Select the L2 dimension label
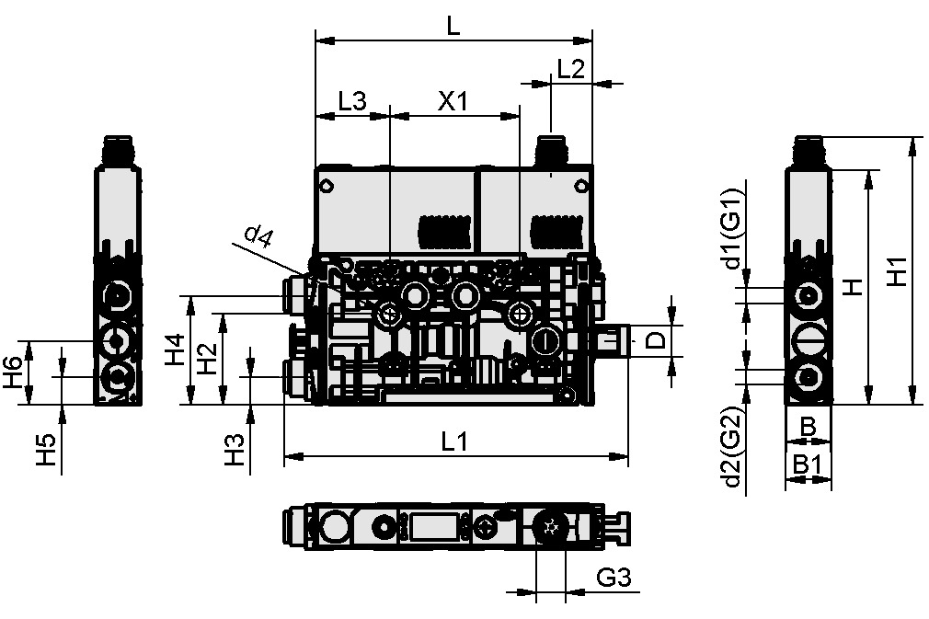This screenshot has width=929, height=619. click(571, 70)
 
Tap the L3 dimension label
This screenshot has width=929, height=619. click(352, 101)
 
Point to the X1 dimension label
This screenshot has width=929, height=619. click(453, 101)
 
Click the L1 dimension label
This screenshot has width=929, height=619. click(454, 441)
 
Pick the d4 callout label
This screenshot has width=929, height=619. click(259, 238)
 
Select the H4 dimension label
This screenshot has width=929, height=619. click(176, 350)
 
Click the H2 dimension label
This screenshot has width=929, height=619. click(208, 358)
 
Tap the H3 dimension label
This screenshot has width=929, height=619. click(236, 449)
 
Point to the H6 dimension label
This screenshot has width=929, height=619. click(13, 373)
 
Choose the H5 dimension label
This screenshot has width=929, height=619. click(47, 449)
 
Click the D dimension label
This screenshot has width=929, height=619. click(654, 340)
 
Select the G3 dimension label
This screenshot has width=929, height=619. click(614, 578)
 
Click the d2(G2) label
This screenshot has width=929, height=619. click(732, 447)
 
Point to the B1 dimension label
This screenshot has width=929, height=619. click(807, 466)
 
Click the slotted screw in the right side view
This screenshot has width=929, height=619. click(809, 337)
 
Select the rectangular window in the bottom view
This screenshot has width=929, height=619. click(436, 528)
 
